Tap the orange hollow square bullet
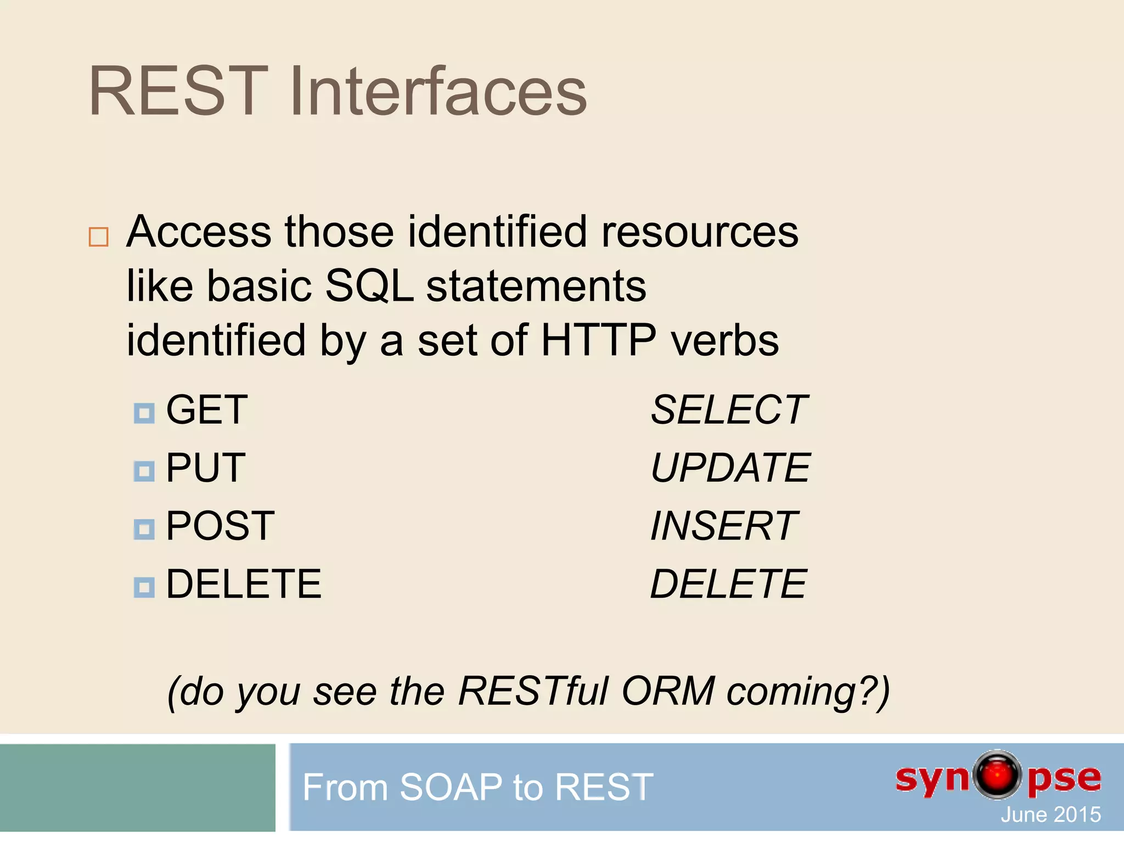pyautogui.click(x=99, y=237)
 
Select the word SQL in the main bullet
pyautogui.click(x=369, y=286)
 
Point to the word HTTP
pyautogui.click(x=598, y=340)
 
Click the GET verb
pyautogui.click(x=207, y=410)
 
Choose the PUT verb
pyautogui.click(x=206, y=468)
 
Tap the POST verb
pyautogui.click(x=220, y=526)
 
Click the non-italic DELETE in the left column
pyautogui.click(x=244, y=584)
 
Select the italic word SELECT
pyautogui.click(x=728, y=410)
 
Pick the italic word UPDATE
pyautogui.click(x=730, y=468)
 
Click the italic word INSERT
pyautogui.click(x=724, y=526)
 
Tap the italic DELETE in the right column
pyautogui.click(x=728, y=584)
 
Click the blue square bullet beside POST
pyautogui.click(x=144, y=530)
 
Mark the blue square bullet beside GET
pyautogui.click(x=144, y=413)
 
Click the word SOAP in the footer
pyautogui.click(x=451, y=787)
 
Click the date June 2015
pyautogui.click(x=1050, y=814)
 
